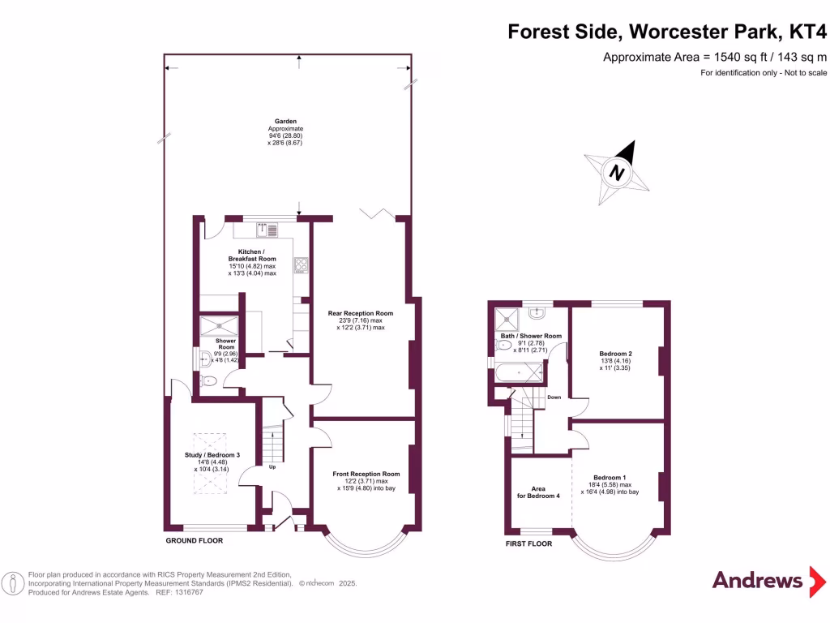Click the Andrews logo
[757, 580]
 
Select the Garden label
[285, 122]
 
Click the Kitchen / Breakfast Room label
[252, 256]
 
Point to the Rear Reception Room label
[361, 313]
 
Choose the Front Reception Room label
[366, 474]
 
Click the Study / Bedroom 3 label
[212, 455]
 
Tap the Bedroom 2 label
[615, 354]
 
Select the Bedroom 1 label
[610, 477]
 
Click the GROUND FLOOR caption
[194, 540]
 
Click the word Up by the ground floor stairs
[272, 468]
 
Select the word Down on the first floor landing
[554, 397]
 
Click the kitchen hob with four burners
[301, 264]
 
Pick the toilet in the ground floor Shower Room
[207, 380]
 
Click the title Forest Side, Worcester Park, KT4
[669, 32]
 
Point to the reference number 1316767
[186, 593]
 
